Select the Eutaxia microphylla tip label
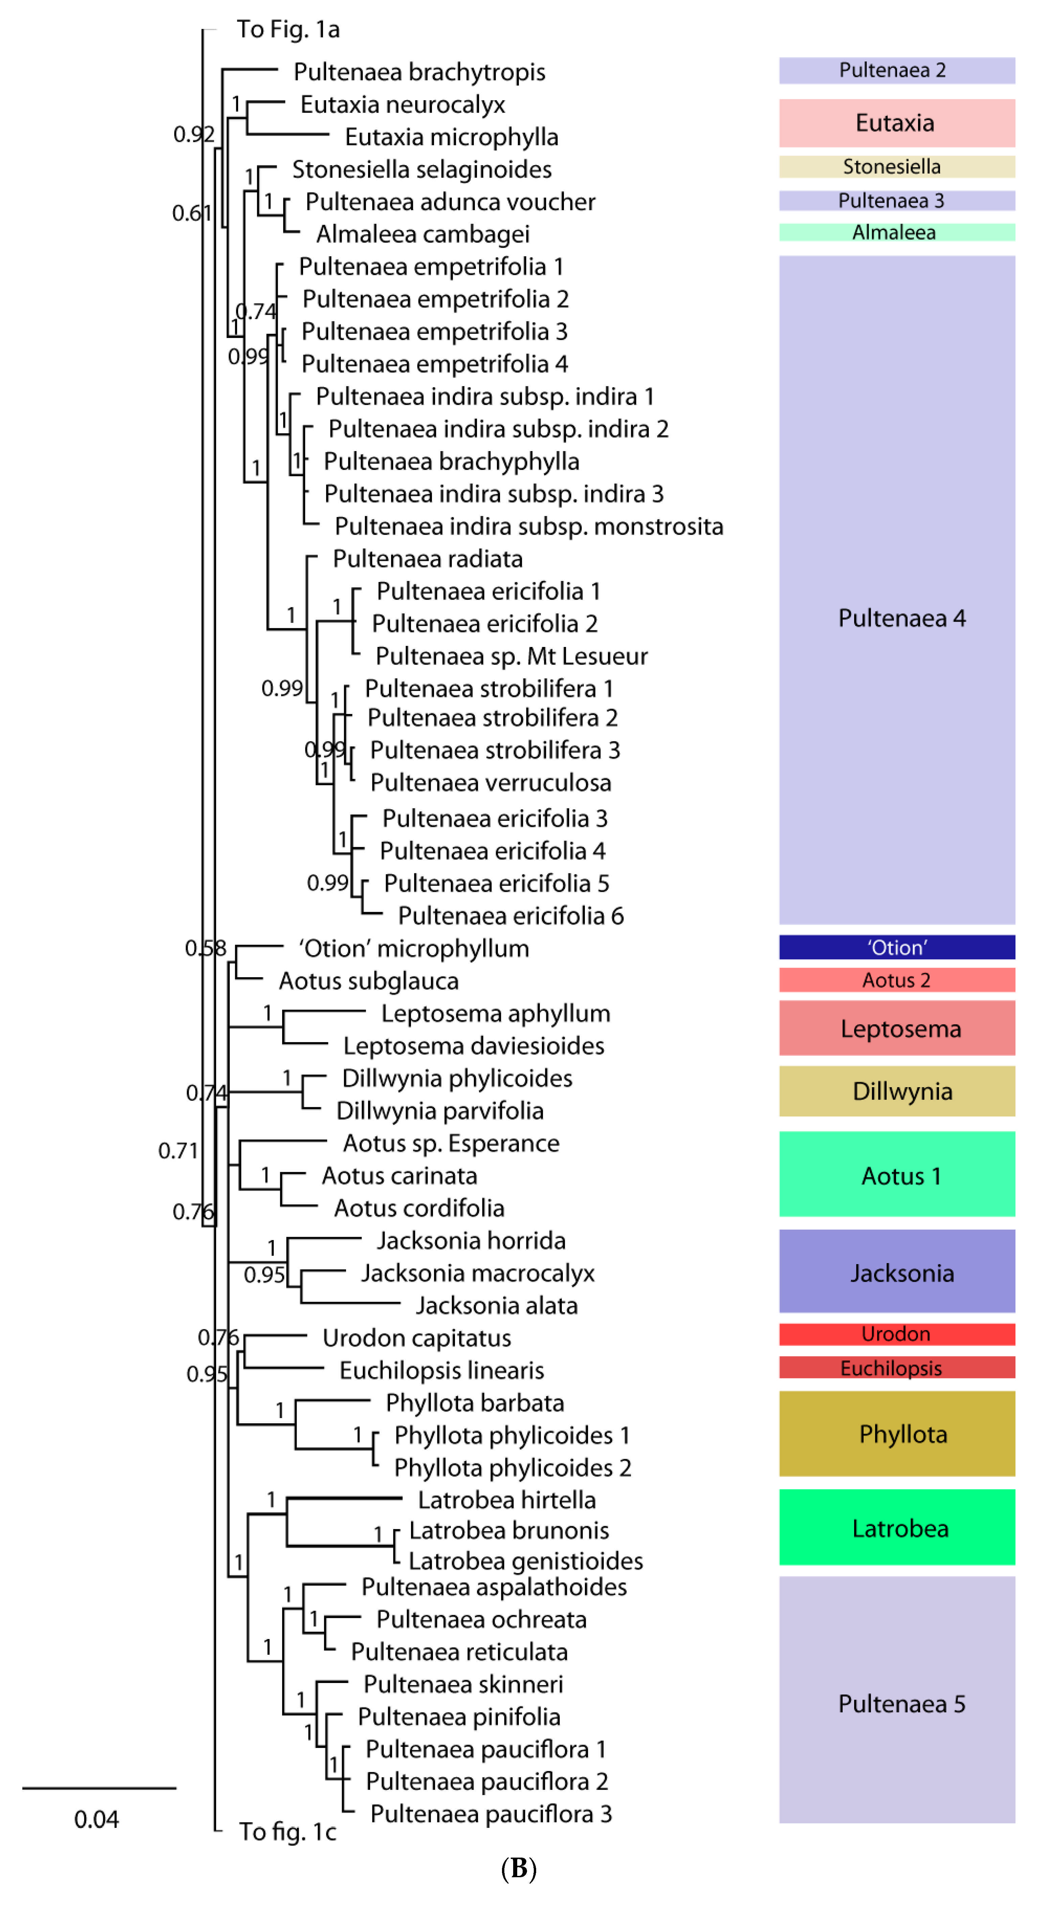point(452,137)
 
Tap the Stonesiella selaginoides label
point(422,170)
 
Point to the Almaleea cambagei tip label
point(422,234)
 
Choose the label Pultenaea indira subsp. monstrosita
point(528,526)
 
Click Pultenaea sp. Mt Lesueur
point(511,656)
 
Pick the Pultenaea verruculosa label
point(491,783)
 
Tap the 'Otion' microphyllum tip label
point(414,948)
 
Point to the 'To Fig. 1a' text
point(288,30)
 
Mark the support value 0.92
point(193,134)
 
